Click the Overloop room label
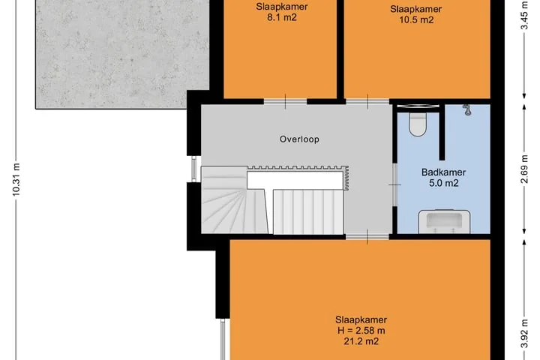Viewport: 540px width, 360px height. point(299,139)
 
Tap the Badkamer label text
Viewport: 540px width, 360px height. point(443,172)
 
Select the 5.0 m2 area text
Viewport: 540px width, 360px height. point(443,183)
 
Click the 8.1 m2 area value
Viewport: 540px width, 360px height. point(282,17)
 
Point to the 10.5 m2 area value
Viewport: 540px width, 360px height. point(416,19)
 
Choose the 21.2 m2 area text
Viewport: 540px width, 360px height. point(361,341)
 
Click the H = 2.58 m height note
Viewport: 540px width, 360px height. point(361,331)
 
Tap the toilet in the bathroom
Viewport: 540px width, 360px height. point(418,124)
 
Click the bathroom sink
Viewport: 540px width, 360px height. point(444,221)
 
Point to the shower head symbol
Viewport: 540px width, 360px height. point(466,109)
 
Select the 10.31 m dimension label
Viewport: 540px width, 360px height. point(16,180)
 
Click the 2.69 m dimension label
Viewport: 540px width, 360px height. point(524,169)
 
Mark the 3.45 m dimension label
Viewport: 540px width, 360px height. point(524,16)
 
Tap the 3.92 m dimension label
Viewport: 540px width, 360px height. point(524,334)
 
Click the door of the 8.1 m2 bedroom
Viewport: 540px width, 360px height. point(285,102)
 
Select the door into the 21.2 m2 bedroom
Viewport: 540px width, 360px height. point(367,237)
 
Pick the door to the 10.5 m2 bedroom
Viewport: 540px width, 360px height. point(367,102)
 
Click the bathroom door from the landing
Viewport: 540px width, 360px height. point(394,185)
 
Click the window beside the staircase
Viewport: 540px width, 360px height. point(194,169)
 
